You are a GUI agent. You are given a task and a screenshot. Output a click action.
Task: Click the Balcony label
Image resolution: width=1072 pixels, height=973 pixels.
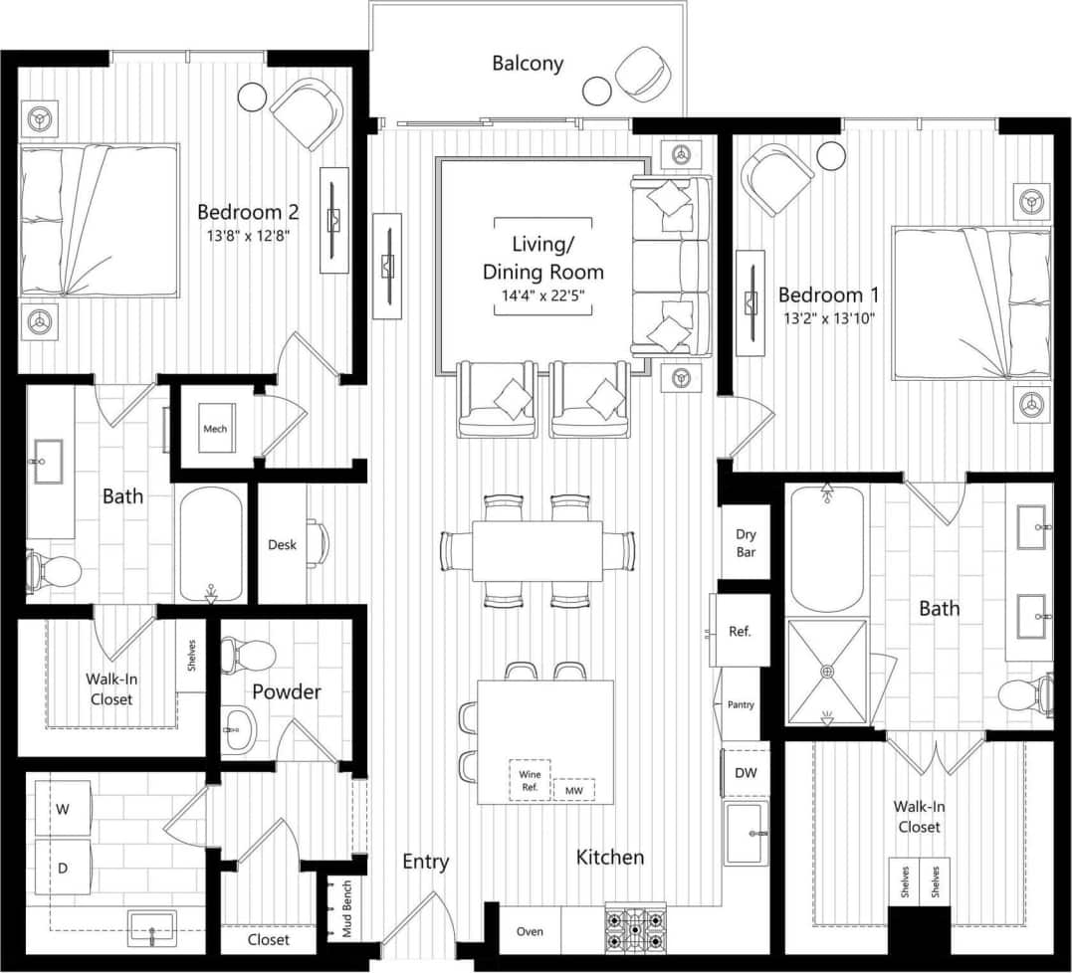(x=528, y=64)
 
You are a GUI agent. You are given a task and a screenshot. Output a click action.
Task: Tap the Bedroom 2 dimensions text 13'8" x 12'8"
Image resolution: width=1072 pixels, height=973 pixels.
(x=248, y=236)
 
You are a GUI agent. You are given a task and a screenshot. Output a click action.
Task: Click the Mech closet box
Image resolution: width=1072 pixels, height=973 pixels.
(x=215, y=429)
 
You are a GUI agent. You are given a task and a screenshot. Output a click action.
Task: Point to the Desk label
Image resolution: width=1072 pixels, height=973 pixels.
(x=282, y=544)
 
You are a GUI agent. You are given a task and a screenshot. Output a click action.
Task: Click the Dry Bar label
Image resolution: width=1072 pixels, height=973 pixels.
(x=746, y=543)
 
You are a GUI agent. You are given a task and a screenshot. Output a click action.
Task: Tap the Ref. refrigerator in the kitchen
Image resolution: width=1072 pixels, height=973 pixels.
(x=740, y=631)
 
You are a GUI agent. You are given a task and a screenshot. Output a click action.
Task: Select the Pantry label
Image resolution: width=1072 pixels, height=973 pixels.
(x=741, y=704)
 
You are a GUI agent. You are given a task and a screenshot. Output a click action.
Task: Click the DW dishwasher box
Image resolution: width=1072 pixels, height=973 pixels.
(x=746, y=773)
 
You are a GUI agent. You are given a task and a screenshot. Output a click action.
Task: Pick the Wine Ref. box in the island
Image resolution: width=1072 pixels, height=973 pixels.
(x=529, y=779)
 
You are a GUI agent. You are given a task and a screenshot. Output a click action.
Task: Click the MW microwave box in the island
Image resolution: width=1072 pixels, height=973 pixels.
(x=573, y=790)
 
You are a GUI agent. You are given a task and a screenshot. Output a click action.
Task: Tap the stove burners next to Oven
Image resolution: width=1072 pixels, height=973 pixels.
(x=634, y=931)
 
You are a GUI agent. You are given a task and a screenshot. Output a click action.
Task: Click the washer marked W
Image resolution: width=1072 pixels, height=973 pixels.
(x=63, y=809)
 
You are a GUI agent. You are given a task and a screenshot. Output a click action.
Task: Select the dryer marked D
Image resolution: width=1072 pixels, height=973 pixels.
(x=63, y=868)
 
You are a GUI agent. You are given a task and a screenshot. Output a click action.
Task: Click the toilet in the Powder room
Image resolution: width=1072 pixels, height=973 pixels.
(x=247, y=654)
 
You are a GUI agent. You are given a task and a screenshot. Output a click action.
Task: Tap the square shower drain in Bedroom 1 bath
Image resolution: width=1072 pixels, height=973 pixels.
(x=826, y=672)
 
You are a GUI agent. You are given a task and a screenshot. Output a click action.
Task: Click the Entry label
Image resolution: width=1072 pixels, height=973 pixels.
(x=426, y=862)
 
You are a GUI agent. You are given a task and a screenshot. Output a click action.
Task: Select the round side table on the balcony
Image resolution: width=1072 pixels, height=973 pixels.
(x=597, y=92)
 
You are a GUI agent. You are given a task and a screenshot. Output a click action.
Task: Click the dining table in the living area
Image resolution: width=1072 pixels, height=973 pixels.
(x=536, y=550)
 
